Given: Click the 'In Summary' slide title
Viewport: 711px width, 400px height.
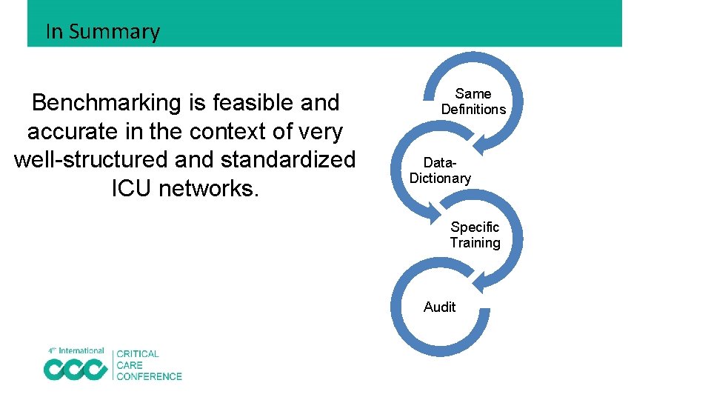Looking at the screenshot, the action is tap(102, 32).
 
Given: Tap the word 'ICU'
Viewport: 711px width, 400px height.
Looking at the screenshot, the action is tap(132, 189).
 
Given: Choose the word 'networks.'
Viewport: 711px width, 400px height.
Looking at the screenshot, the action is tap(210, 189).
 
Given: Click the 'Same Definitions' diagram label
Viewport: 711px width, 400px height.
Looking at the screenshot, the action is tap(473, 101).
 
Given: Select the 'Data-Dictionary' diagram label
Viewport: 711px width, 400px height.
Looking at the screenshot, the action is tap(440, 170).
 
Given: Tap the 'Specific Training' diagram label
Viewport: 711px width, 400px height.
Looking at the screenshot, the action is tap(475, 235).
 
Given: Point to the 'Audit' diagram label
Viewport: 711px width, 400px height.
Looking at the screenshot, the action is tap(440, 307).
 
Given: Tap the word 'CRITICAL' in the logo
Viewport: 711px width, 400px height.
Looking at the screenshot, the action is tap(138, 354).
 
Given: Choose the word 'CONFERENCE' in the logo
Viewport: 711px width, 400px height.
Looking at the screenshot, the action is tap(149, 376).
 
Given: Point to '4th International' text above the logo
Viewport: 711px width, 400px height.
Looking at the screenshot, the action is tap(76, 350).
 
